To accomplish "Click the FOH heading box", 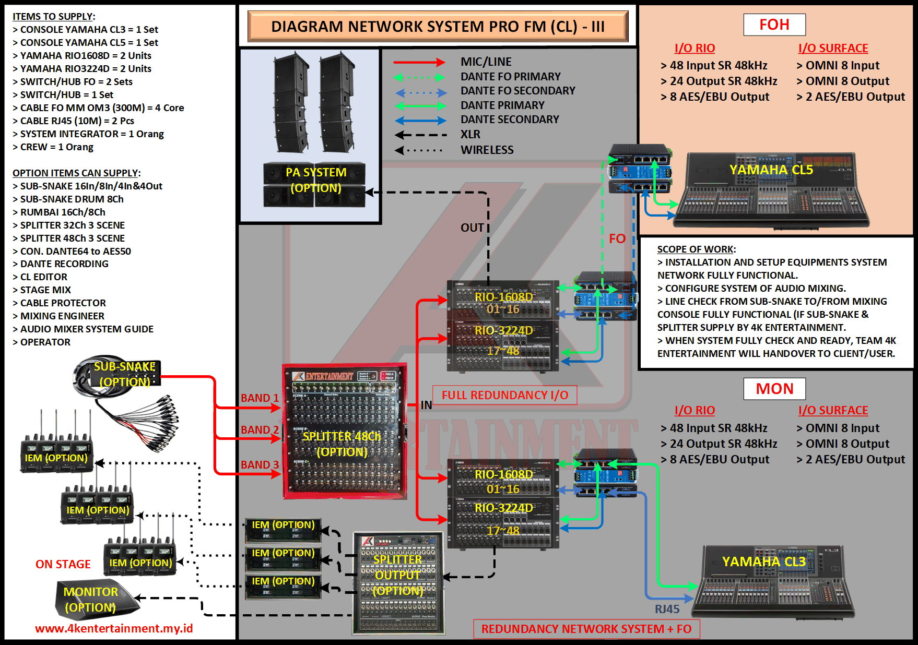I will pyautogui.click(x=774, y=25).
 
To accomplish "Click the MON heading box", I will pyautogui.click(x=774, y=389).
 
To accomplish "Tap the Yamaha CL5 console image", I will pyautogui.click(x=771, y=190).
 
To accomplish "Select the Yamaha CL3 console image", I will pyautogui.click(x=773, y=582).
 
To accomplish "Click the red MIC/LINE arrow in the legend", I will pyautogui.click(x=419, y=62).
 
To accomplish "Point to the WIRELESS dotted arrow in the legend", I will pyautogui.click(x=419, y=150).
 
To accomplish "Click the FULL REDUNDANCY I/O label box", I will pyautogui.click(x=504, y=395).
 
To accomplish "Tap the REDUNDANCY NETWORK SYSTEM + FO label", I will pyautogui.click(x=586, y=629).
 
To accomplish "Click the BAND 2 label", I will pyautogui.click(x=260, y=430).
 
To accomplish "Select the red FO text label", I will pyautogui.click(x=617, y=239).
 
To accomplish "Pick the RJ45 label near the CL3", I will pyautogui.click(x=667, y=609).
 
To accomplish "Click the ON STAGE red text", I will pyautogui.click(x=63, y=564).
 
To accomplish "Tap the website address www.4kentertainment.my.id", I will pyautogui.click(x=114, y=628).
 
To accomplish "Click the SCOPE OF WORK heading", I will pyautogui.click(x=696, y=249).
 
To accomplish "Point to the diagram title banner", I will pyautogui.click(x=438, y=26).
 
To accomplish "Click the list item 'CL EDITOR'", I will pyautogui.click(x=43, y=277).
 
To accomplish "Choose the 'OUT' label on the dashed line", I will pyautogui.click(x=472, y=228).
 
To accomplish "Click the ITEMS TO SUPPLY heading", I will pyautogui.click(x=54, y=17).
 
